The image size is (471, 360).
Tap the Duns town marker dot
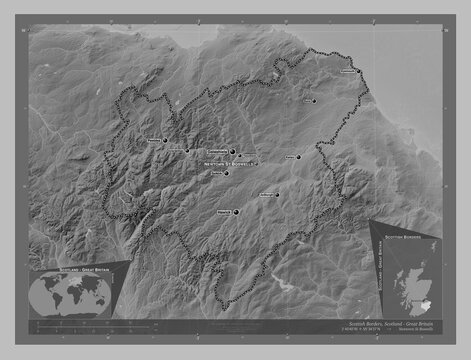(314, 101)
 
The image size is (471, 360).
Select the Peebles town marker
(165, 141)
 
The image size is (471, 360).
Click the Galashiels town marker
(232, 152)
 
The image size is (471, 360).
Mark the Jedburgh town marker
(277, 195)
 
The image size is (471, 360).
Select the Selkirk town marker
(227, 174)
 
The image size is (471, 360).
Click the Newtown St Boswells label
(230, 163)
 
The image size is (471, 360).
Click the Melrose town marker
(240, 156)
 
